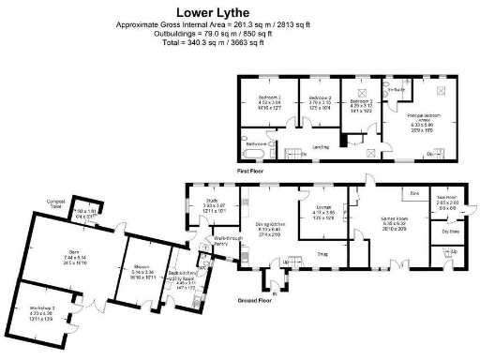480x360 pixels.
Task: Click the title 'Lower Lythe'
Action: click(x=239, y=11)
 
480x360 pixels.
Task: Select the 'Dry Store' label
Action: click(x=449, y=230)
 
